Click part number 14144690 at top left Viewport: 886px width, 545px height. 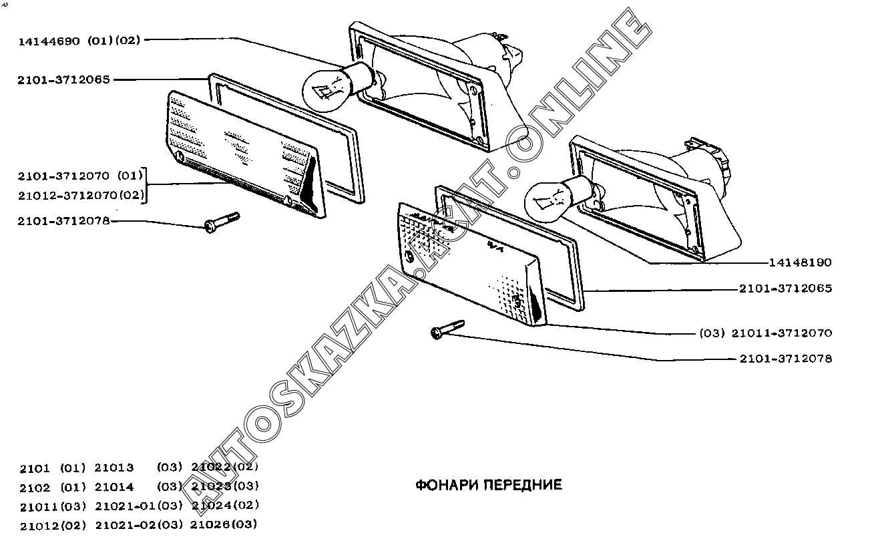[49, 41]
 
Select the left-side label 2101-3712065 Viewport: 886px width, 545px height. [63, 80]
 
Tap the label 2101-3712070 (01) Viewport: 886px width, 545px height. [80, 176]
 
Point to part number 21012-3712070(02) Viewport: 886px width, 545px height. [81, 196]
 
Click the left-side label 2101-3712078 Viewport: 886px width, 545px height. [63, 221]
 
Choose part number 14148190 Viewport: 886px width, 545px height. [800, 262]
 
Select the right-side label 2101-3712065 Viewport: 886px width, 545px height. [786, 288]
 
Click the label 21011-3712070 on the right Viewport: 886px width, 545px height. [782, 333]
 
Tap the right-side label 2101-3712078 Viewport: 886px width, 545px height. [786, 359]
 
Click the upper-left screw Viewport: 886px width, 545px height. [222, 222]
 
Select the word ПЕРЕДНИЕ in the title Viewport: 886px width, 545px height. [523, 485]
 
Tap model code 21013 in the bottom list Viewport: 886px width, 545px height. [114, 468]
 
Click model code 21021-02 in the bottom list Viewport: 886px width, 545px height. [126, 526]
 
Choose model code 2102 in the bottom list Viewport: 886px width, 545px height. [35, 488]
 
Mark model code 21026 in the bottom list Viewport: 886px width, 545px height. [210, 525]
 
